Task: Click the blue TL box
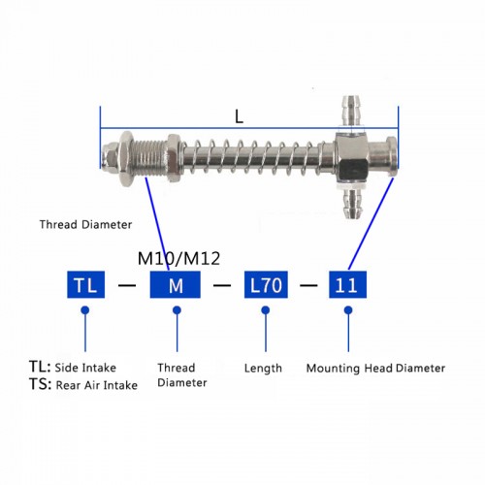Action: tap(85, 286)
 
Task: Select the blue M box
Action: tap(176, 286)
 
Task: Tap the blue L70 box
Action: tap(264, 286)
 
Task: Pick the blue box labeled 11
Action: tap(347, 286)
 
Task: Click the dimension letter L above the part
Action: tap(239, 116)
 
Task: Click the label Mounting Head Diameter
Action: tap(375, 368)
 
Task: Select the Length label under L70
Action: tap(264, 368)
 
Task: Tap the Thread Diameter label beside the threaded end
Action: tap(85, 224)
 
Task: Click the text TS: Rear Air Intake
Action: tap(83, 385)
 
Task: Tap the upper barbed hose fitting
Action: tap(350, 108)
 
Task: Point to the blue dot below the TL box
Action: tap(85, 310)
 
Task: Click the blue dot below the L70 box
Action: tap(264, 310)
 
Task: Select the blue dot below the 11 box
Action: tap(347, 310)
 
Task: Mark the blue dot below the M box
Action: tap(176, 310)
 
